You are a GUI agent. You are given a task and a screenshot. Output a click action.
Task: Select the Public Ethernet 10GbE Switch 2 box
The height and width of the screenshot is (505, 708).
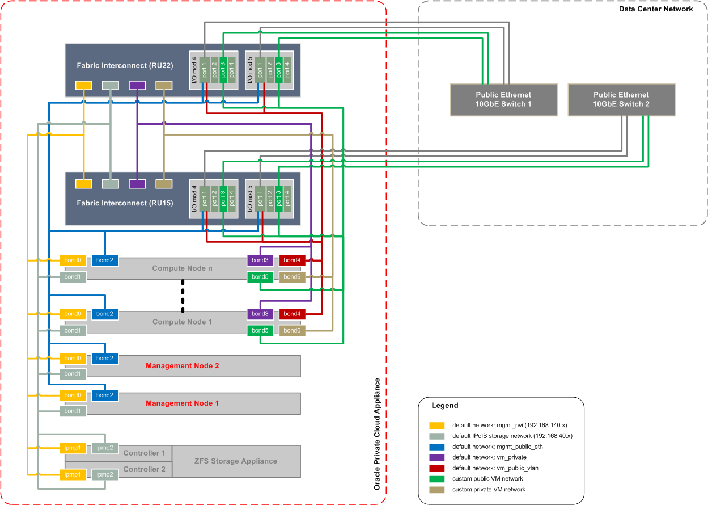click(x=621, y=100)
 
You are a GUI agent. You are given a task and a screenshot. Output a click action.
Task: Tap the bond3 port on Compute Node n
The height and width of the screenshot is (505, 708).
click(x=260, y=260)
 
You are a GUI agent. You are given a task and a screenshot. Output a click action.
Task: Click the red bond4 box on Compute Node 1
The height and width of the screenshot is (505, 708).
click(x=292, y=314)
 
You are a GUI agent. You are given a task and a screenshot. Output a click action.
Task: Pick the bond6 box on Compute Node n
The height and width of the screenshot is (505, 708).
click(x=292, y=277)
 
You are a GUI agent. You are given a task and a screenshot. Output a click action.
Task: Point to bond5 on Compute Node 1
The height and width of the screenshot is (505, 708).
click(x=260, y=330)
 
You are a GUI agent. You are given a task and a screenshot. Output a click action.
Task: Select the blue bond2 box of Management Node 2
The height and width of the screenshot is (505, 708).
click(x=104, y=359)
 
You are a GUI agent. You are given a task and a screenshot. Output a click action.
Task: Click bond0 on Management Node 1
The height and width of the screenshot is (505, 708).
click(x=73, y=395)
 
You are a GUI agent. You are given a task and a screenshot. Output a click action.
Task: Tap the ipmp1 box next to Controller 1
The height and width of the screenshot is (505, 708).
click(x=73, y=448)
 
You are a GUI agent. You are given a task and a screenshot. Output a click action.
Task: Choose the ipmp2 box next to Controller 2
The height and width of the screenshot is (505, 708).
click(x=105, y=474)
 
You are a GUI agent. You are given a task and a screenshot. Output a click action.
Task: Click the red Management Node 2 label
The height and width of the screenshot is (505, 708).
click(x=182, y=366)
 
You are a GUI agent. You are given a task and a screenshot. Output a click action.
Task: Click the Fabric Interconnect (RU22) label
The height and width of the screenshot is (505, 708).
click(x=125, y=66)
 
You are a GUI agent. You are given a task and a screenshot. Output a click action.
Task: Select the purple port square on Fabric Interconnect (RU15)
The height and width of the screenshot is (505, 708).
click(x=137, y=184)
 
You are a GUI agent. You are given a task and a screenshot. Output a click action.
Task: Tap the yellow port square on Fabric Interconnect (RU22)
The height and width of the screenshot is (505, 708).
click(x=83, y=86)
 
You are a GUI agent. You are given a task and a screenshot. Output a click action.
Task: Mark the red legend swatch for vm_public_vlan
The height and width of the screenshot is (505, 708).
click(x=436, y=468)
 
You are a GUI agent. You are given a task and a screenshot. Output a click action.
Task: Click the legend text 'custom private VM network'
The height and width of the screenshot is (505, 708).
click(x=489, y=489)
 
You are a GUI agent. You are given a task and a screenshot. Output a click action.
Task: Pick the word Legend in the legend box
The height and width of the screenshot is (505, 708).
click(x=445, y=406)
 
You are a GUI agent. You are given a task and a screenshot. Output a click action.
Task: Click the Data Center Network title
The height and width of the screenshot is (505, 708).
click(x=655, y=9)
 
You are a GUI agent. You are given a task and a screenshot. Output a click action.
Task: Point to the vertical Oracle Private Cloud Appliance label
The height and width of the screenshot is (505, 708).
click(x=377, y=434)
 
